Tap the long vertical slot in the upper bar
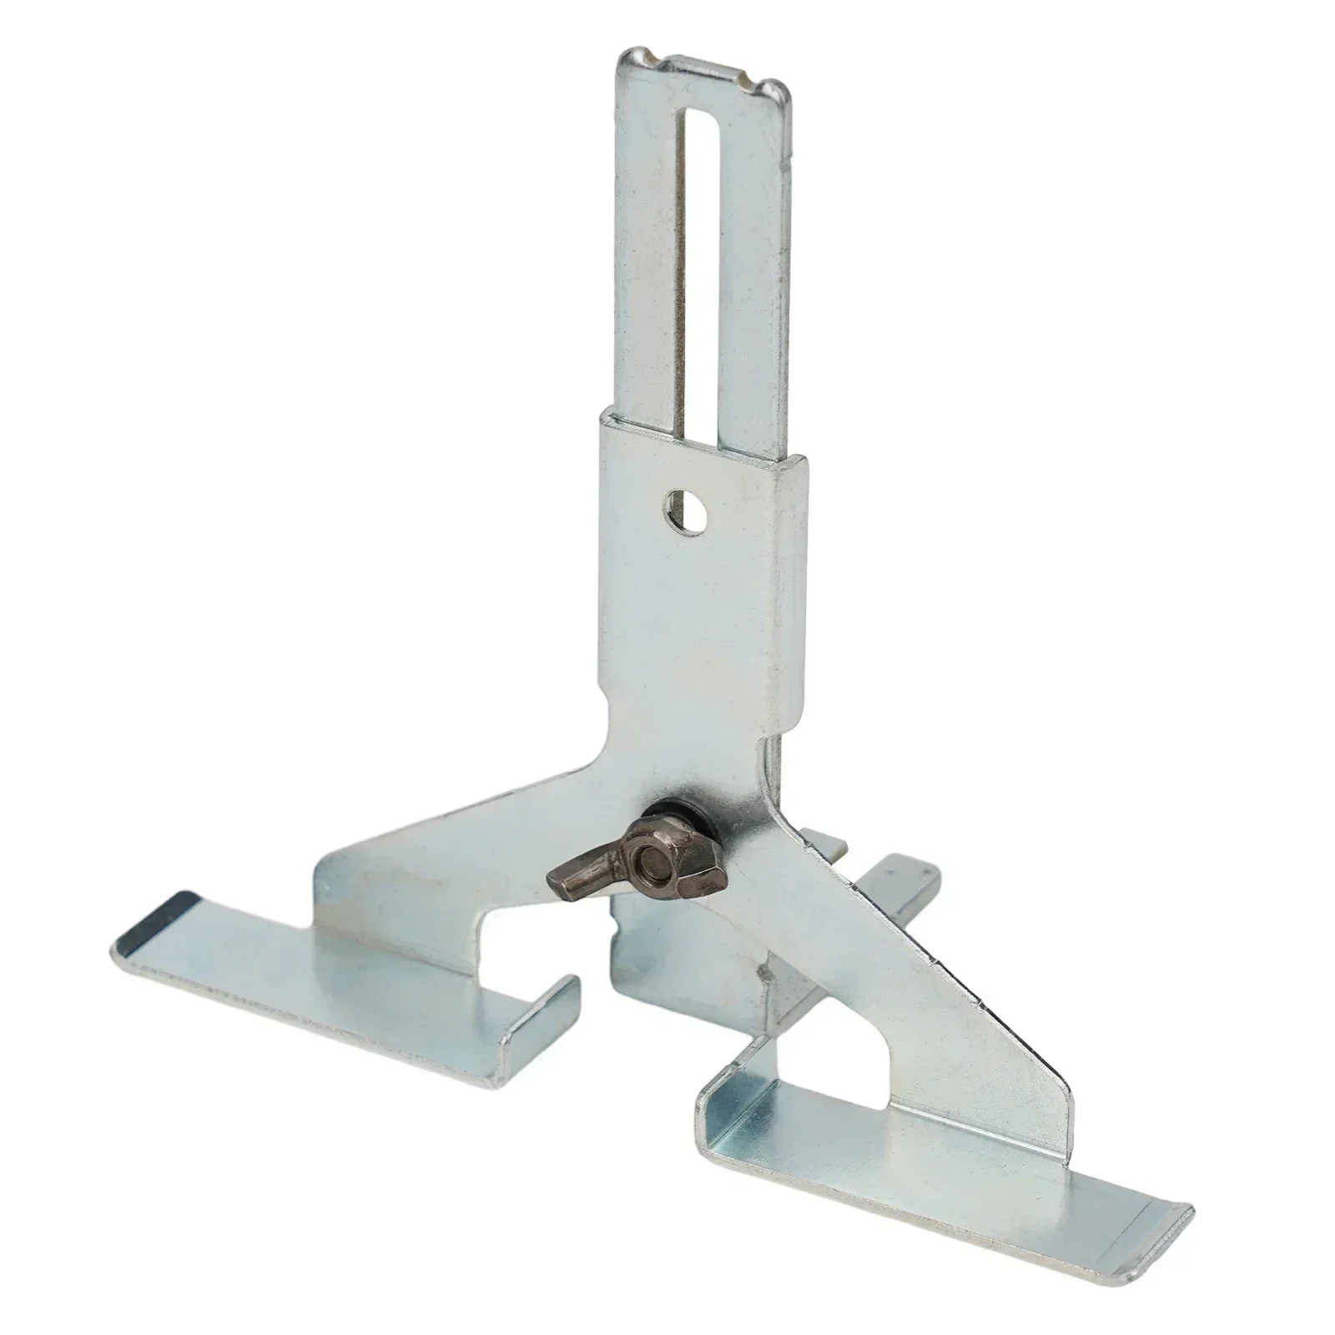(686, 250)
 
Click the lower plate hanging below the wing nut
(667, 960)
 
